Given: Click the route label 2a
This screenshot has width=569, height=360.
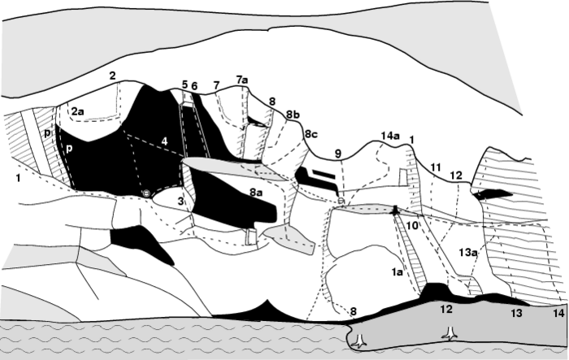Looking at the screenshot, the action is pos(77,111).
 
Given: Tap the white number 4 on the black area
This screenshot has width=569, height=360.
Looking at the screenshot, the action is pos(165,141).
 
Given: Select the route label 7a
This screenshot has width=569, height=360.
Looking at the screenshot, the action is pos(241,80).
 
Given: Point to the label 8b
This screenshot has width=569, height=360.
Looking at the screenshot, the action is pos(293,115).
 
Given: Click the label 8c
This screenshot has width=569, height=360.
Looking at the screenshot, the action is pos(311,134).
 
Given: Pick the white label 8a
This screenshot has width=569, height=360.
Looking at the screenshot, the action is pos(255,193).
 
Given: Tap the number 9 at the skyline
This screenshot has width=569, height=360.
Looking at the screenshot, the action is pos(338,154).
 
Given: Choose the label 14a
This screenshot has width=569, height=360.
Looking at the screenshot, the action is pos(390,136).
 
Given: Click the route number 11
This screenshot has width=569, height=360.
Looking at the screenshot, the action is pos(436,167).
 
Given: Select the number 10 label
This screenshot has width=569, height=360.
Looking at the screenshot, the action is pos(412,226).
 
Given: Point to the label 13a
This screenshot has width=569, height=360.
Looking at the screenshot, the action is pos(467,252).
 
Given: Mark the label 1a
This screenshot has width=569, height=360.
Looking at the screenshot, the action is pos(397,272).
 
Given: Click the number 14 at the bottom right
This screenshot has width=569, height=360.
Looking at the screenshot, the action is pos(559,312).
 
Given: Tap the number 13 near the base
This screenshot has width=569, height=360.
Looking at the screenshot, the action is pos(516,312).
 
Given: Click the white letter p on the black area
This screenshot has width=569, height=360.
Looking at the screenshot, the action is pos(68,150).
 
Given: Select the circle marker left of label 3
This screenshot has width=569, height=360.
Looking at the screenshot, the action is pos(146,193).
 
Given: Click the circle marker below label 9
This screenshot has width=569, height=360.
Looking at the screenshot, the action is pos(341,201).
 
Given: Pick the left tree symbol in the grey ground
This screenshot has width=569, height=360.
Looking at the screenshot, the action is pos(359,341).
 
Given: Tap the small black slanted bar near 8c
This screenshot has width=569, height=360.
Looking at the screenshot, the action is pos(324,174).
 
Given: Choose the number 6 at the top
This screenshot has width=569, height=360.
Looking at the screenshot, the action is pos(194,86).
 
